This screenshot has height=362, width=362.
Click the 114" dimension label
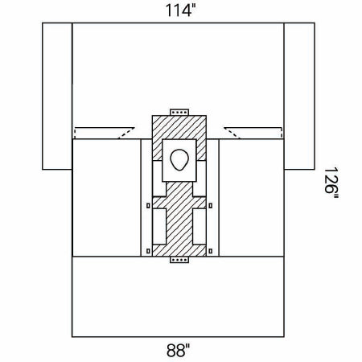pyautogui.click(x=179, y=10)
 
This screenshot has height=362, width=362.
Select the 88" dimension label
pyautogui.click(x=178, y=350)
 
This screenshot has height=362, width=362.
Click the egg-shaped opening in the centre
pyautogui.click(x=179, y=159)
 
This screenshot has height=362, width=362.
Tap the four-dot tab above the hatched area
pyautogui.click(x=179, y=112)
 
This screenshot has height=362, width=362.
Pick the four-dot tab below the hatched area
pyautogui.click(x=179, y=260)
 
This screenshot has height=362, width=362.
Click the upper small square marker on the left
pyautogui.click(x=148, y=206)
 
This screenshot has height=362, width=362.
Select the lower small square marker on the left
pyautogui.click(x=148, y=251)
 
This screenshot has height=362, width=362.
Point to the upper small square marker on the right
pyautogui.click(x=211, y=206)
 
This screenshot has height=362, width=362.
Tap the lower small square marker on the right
pyautogui.click(x=211, y=251)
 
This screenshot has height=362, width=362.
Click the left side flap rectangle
pyautogui.click(x=57, y=97)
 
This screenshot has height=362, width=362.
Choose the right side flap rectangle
pyautogui.click(x=299, y=97)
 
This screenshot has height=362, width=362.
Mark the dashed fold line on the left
pyautogui.click(x=126, y=134)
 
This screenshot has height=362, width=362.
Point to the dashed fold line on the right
pyautogui.click(x=232, y=134)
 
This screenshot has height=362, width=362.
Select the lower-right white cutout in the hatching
pyautogui.click(x=200, y=227)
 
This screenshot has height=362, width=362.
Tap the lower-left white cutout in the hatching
pyautogui.click(x=159, y=227)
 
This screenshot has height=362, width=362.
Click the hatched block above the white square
pyautogui.click(x=179, y=127)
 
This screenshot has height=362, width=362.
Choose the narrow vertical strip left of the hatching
pyautogui.click(x=146, y=198)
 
